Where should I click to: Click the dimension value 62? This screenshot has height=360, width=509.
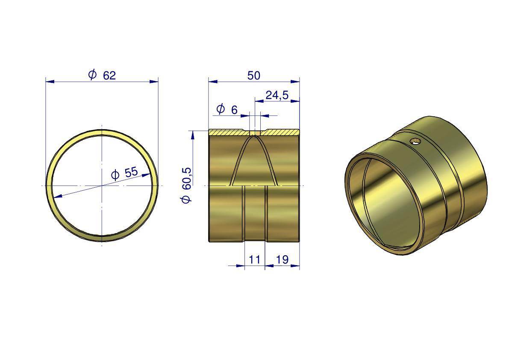109,76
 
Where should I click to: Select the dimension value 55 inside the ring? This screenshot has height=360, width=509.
131,172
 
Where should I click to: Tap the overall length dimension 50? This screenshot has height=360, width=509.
253,76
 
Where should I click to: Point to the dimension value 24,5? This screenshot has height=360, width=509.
277,95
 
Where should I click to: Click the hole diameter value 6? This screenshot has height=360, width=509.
234,110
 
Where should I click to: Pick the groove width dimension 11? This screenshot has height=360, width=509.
255,260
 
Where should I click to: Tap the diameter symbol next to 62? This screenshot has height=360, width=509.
92,75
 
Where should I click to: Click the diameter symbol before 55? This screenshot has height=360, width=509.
115,175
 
